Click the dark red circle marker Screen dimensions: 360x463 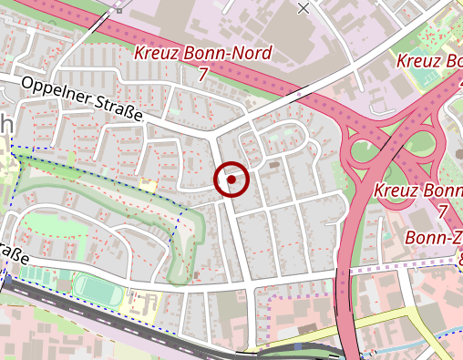click(231, 180)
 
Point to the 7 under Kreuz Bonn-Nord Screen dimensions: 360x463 click(201, 75)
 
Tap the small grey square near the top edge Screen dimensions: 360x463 click(118, 11)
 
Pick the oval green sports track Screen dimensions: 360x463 click(95, 291)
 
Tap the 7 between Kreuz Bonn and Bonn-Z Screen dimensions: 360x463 click(443, 211)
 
